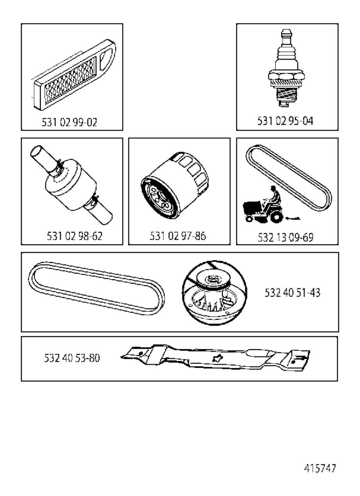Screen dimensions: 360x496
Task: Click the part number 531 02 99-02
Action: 69,122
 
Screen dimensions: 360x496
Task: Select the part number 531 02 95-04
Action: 285,121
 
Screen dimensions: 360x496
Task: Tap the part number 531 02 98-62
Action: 75,236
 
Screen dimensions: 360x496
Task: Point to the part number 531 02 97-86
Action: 178,236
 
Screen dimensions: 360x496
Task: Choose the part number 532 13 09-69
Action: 285,237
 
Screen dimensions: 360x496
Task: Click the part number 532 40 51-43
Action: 292,293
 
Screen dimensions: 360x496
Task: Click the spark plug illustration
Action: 285,68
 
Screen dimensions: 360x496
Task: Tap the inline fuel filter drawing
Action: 71,185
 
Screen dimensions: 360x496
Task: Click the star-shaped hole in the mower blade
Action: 217,358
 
